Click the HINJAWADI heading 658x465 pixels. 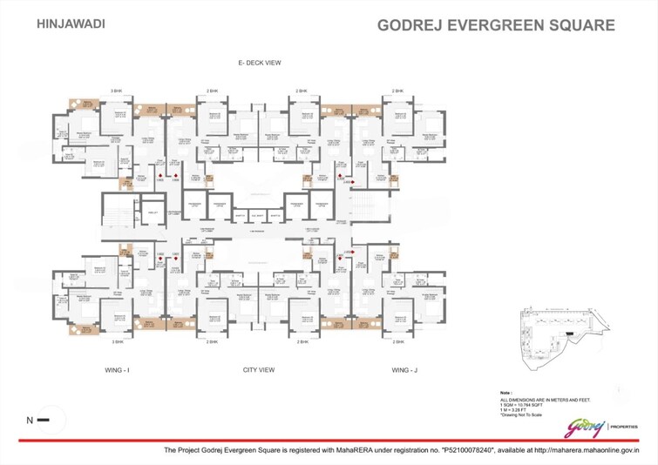pyautogui.click(x=71, y=24)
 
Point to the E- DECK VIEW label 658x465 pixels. pyautogui.click(x=259, y=64)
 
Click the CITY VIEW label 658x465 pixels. pyautogui.click(x=259, y=370)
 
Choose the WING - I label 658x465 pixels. pyautogui.click(x=116, y=370)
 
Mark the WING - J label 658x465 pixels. pyautogui.click(x=405, y=370)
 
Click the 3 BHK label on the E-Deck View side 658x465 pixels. pyautogui.click(x=116, y=91)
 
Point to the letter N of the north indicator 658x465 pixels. pyautogui.click(x=30, y=421)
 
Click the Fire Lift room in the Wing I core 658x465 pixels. pyautogui.click(x=152, y=213)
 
